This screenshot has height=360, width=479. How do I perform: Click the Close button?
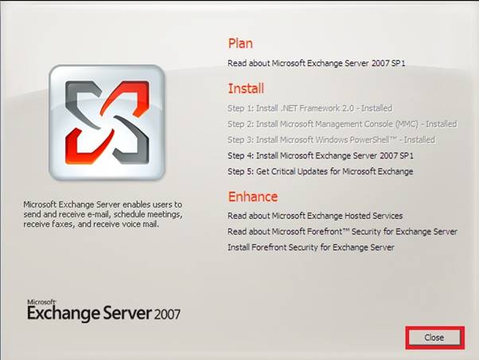pyautogui.click(x=434, y=338)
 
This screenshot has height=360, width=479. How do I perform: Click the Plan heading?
pyautogui.click(x=240, y=44)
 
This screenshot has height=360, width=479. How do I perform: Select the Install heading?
pyautogui.click(x=246, y=88)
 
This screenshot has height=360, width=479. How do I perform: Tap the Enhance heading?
pyautogui.click(x=253, y=197)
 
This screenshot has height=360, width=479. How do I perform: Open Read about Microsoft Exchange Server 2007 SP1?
pyautogui.click(x=316, y=63)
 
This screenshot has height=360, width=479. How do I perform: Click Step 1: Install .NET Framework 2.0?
pyautogui.click(x=310, y=108)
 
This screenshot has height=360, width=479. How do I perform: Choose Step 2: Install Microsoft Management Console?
pyautogui.click(x=342, y=124)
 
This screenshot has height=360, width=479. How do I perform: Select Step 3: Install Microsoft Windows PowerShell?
pyautogui.click(x=331, y=140)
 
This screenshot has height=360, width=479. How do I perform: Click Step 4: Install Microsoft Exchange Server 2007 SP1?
pyautogui.click(x=321, y=155)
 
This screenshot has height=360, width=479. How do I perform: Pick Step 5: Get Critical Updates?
pyautogui.click(x=320, y=171)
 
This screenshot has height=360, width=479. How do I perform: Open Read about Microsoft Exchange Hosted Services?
pyautogui.click(x=315, y=216)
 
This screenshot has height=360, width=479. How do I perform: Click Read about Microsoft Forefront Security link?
pyautogui.click(x=342, y=232)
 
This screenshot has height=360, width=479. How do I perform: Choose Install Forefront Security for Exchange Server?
pyautogui.click(x=310, y=247)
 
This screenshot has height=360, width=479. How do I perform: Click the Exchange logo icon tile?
pyautogui.click(x=107, y=123)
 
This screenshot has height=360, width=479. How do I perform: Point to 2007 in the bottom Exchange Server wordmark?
pyautogui.click(x=167, y=315)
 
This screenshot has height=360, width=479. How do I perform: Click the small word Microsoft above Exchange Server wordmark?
pyautogui.click(x=41, y=302)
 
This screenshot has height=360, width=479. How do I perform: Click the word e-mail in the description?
pyautogui.click(x=99, y=214)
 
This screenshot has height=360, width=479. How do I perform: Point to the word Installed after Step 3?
pyautogui.click(x=419, y=140)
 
